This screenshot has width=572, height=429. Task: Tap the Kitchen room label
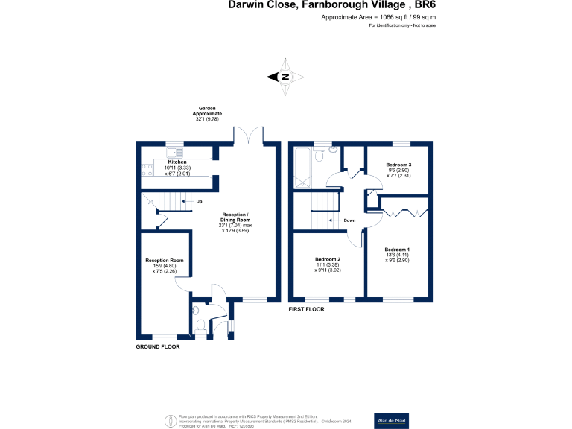coord(177,162)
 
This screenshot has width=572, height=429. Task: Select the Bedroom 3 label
coord(398,164)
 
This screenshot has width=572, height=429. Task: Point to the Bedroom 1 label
coord(397,249)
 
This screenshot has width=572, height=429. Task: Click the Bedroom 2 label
coord(328,259)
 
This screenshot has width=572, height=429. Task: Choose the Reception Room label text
coord(165,260)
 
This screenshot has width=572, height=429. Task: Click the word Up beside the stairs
coord(199,202)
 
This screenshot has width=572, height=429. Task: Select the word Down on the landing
coord(349,220)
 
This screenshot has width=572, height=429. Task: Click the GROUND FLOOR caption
coord(158,346)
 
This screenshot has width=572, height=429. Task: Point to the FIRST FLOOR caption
coord(307,308)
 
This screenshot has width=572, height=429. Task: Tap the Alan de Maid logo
coord(391,419)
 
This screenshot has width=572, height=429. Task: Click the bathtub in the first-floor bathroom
coord(304,168)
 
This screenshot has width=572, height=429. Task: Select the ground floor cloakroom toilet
coord(200,325)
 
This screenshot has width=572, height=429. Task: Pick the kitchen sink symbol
coord(179,152)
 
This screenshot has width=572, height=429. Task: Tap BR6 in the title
coord(421,4)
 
